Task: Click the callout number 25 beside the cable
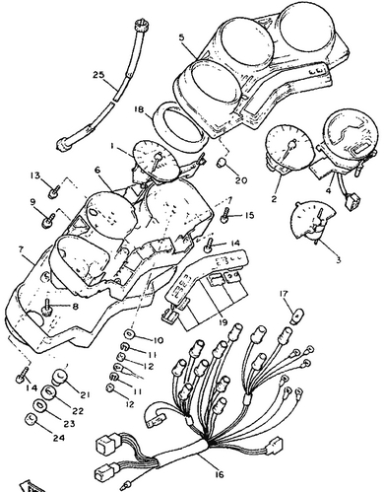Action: click(98, 75)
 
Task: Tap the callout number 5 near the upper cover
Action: click(181, 36)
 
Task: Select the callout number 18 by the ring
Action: click(139, 109)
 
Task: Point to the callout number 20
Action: click(241, 180)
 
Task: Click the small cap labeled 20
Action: click(223, 162)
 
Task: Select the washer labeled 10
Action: click(129, 334)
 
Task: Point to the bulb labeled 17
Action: click(297, 315)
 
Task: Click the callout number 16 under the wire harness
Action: click(220, 474)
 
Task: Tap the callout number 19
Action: click(223, 322)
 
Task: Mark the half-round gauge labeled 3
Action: click(313, 220)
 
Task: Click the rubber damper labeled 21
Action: click(59, 377)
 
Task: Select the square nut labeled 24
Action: click(32, 419)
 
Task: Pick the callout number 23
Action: click(69, 424)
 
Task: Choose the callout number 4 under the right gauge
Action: click(329, 190)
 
